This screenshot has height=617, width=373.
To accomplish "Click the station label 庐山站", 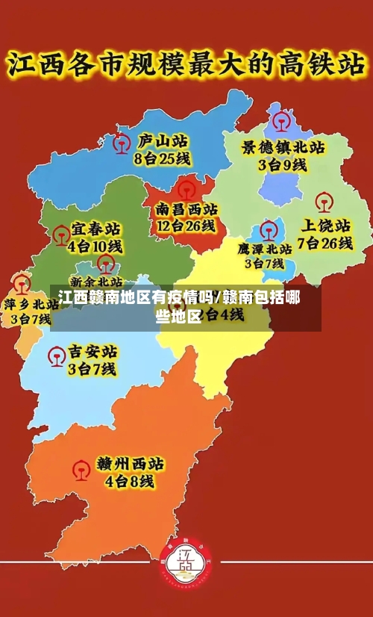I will (x=163, y=141).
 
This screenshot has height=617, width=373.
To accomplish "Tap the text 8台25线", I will (x=162, y=158).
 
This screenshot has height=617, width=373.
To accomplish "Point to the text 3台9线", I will (x=282, y=165).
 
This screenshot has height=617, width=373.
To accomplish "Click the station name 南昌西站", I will (x=186, y=208).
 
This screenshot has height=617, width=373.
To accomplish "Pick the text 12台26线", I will (x=186, y=226).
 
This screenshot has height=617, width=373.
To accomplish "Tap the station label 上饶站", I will (x=325, y=225).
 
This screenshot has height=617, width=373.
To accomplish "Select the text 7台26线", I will (x=325, y=243).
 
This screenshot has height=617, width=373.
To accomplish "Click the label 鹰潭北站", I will (x=265, y=249).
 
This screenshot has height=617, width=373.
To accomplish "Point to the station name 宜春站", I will (x=96, y=228).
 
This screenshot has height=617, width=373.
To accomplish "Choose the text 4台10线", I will (x=95, y=246).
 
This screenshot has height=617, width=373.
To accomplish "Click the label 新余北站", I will (x=96, y=282).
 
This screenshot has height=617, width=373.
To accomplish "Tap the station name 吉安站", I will (x=93, y=351).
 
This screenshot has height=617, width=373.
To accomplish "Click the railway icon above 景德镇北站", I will (x=282, y=120).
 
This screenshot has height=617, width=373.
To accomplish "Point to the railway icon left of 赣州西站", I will (x=81, y=470).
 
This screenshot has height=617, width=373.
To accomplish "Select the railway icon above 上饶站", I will (x=323, y=201).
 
